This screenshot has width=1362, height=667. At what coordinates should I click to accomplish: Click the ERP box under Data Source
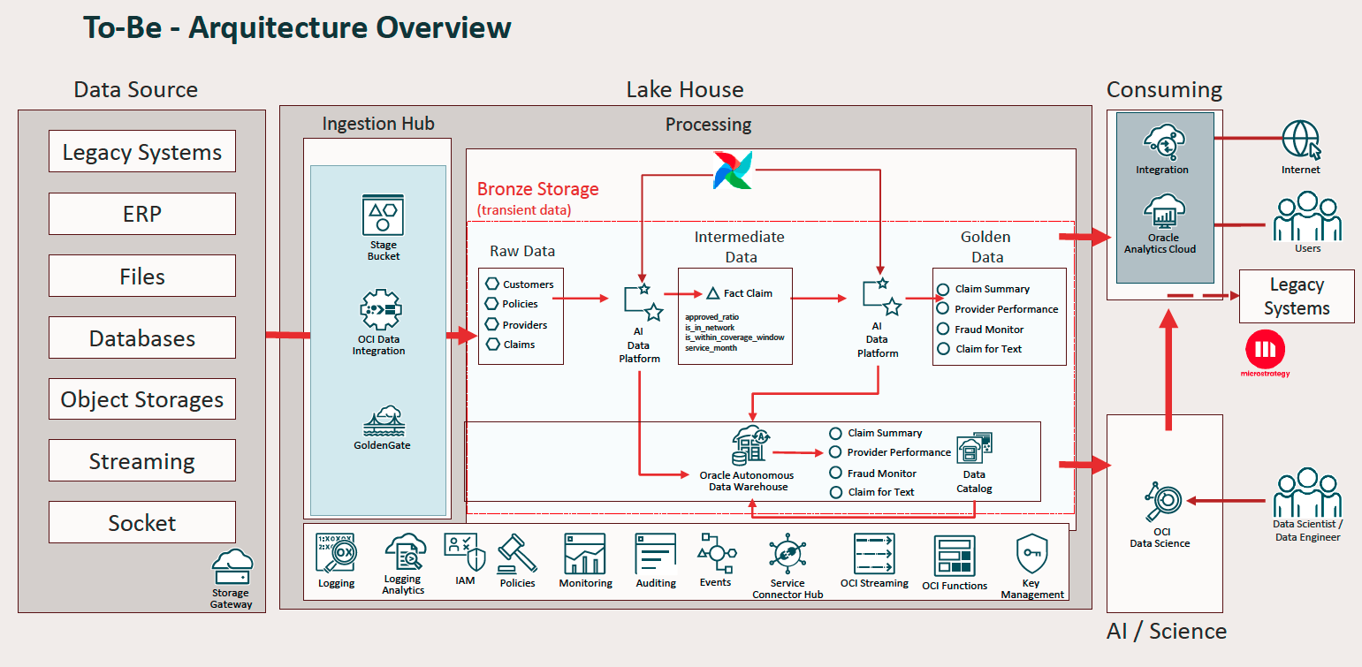tap(142, 214)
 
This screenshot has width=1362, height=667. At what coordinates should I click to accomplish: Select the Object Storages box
tap(142, 398)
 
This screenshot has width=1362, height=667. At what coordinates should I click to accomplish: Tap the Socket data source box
tap(142, 522)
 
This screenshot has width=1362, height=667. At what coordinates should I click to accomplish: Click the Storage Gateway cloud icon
tap(232, 566)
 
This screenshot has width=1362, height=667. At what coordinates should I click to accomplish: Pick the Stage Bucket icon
tap(383, 215)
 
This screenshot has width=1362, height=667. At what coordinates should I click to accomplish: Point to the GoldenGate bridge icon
tap(384, 421)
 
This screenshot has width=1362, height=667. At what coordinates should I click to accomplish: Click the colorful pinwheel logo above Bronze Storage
tap(733, 170)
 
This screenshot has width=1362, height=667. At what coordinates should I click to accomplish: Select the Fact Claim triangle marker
tap(712, 293)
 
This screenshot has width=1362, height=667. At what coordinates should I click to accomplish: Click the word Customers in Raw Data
tap(528, 284)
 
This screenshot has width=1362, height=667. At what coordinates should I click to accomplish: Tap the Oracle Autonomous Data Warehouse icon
tap(750, 445)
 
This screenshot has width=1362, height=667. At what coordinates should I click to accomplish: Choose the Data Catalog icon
tap(975, 449)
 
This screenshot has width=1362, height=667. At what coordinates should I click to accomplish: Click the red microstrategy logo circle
tap(1266, 349)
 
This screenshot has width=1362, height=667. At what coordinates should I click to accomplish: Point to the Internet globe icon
tap(1301, 140)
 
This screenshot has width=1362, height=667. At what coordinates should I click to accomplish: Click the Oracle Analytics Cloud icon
tap(1164, 212)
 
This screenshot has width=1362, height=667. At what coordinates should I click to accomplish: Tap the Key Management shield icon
tap(1031, 554)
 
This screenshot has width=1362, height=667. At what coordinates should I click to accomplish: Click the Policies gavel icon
tap(517, 554)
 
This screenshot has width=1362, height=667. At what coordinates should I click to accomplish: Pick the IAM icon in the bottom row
tap(465, 552)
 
